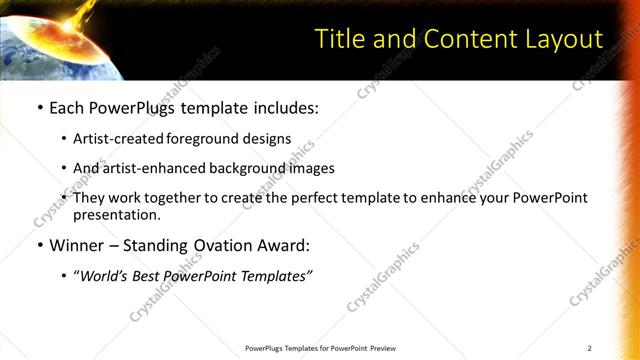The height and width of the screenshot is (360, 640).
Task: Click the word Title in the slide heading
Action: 338,39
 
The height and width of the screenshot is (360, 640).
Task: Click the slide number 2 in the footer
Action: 590,348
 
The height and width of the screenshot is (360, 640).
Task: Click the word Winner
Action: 78,245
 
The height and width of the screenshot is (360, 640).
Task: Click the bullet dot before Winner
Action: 39,245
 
